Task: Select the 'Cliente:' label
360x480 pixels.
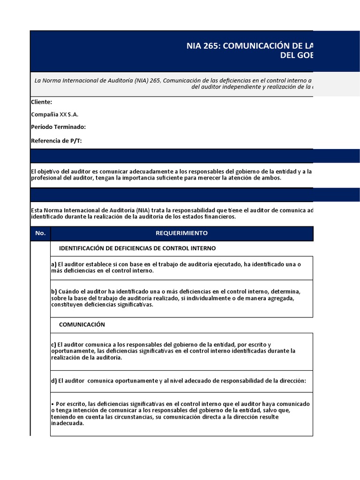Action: click(x=41, y=102)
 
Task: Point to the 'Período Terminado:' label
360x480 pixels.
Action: click(x=58, y=127)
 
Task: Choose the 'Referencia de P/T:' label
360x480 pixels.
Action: click(x=56, y=141)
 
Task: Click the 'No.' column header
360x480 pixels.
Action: click(x=40, y=233)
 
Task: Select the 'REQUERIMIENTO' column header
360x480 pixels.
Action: click(x=181, y=233)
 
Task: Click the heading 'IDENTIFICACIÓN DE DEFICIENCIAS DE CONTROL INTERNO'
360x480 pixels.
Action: click(x=137, y=248)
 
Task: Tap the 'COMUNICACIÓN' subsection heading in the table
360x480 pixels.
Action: click(x=82, y=325)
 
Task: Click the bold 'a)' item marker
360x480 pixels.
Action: click(x=53, y=264)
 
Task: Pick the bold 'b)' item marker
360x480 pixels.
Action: click(x=53, y=292)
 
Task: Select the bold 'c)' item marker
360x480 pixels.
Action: click(x=53, y=345)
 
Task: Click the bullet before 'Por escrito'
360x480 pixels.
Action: click(x=52, y=404)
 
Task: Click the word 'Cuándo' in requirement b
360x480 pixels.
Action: click(x=68, y=292)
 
